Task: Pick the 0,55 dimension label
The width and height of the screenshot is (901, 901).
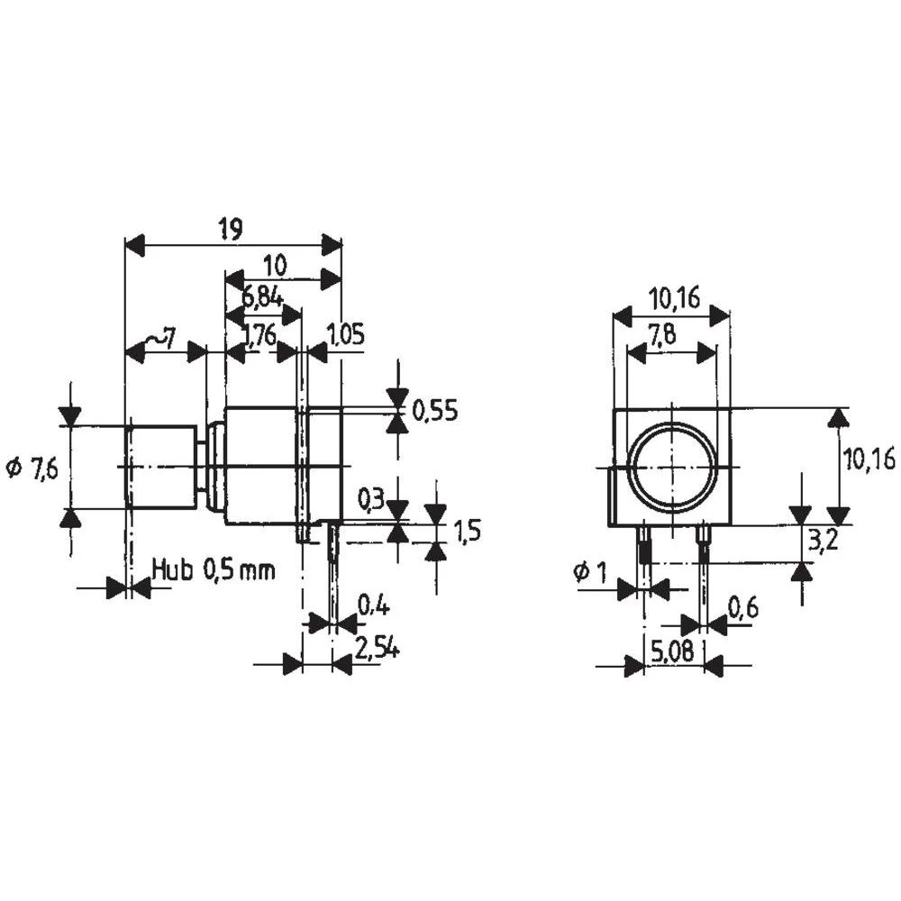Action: point(435,412)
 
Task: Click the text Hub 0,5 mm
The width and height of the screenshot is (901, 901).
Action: point(214,569)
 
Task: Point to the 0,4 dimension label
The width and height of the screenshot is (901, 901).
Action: point(373,605)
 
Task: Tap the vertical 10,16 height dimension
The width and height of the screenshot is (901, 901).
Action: point(869,460)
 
